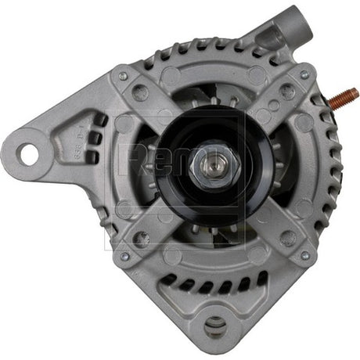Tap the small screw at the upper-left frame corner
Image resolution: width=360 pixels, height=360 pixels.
click(x=123, y=76)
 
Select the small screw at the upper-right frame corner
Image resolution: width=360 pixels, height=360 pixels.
click(x=304, y=75)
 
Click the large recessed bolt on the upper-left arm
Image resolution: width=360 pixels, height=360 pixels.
click(x=142, y=93)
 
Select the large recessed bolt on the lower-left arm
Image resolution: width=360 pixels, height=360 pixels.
click(x=141, y=236)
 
